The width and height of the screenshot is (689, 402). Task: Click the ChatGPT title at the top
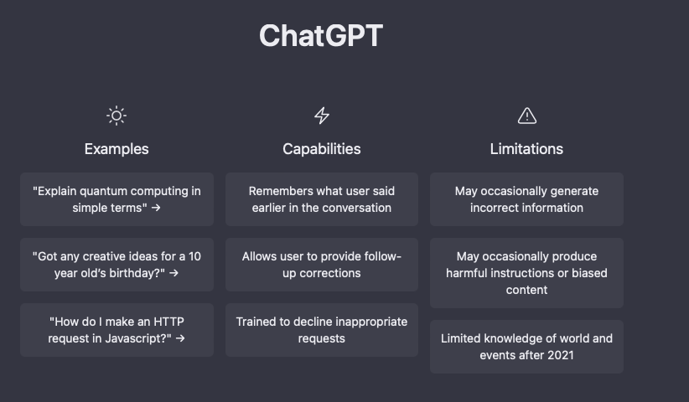point(321,35)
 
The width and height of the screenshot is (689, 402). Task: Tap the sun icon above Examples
point(117,116)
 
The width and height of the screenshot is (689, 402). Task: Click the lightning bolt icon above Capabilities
point(322,116)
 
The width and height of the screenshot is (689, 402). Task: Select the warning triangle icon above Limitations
point(527,116)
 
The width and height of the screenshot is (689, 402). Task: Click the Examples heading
point(117,149)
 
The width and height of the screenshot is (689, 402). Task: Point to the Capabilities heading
point(322,149)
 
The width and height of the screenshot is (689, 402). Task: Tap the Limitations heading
point(526,149)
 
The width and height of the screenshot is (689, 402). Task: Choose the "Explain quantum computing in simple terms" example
point(117,199)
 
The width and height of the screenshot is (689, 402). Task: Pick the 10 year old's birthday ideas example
point(117,265)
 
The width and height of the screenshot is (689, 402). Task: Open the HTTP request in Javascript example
point(117,330)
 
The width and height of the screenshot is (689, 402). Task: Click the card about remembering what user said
point(322,199)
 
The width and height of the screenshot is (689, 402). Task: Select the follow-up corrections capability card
point(322,265)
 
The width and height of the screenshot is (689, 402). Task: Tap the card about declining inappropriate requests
point(322,330)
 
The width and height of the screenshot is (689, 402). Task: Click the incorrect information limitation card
point(526,199)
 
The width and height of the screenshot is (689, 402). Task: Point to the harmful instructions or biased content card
point(526,273)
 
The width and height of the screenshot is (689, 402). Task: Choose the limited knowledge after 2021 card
point(526,347)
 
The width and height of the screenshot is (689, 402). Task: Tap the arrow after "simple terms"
point(156,208)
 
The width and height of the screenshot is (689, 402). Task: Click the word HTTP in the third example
point(168,322)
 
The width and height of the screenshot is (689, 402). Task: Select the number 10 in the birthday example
point(194,256)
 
